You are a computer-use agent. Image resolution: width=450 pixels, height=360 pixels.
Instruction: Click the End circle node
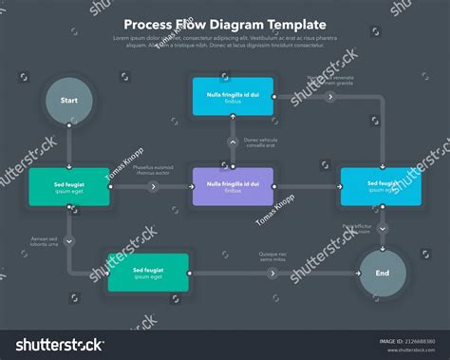pyautogui.click(x=383, y=273)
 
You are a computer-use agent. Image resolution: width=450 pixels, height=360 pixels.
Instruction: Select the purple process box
pyautogui.click(x=233, y=186)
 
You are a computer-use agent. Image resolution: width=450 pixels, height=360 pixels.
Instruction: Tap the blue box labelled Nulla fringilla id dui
pyautogui.click(x=233, y=97)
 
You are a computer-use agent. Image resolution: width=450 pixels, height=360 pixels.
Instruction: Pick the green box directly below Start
pyautogui.click(x=69, y=187)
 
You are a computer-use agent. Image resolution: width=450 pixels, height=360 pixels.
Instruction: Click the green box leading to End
pyautogui.click(x=148, y=272)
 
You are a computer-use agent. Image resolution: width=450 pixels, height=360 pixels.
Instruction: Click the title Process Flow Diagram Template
pyautogui.click(x=225, y=25)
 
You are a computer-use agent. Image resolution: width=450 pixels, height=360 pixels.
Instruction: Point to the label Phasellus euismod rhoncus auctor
pyautogui.click(x=152, y=171)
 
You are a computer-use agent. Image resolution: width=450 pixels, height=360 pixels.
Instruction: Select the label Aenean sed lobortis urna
pyautogui.click(x=44, y=242)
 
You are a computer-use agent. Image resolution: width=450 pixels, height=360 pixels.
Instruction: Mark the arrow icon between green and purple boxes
pyautogui.click(x=153, y=187)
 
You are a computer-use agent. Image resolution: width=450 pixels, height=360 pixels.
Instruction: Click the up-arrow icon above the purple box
pyautogui.click(x=233, y=142)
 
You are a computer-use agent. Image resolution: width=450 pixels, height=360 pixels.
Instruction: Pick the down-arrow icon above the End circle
pyautogui.click(x=383, y=229)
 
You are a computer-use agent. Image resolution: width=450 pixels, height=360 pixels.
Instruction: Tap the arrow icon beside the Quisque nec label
pyautogui.click(x=273, y=274)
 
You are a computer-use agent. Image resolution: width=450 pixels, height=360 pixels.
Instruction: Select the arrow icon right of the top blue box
pyautogui.click(x=330, y=96)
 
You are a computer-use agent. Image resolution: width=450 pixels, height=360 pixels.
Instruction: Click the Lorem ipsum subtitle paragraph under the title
pyautogui.click(x=225, y=41)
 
